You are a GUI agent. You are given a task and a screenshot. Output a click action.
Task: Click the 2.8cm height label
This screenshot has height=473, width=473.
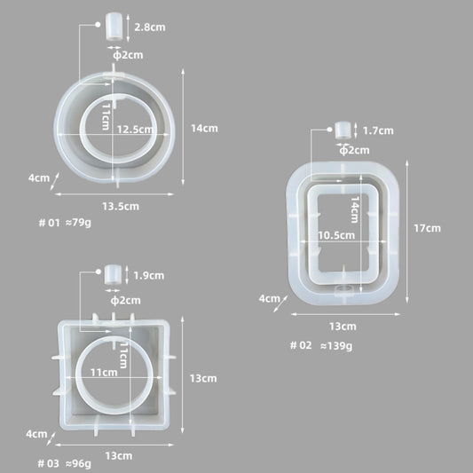pyautogui.click(x=149, y=28)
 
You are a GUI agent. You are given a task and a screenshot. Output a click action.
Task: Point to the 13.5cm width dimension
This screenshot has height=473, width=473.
pyautogui.click(x=120, y=207)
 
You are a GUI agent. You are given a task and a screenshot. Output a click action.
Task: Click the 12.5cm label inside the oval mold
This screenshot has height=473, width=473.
pyautogui.click(x=132, y=128)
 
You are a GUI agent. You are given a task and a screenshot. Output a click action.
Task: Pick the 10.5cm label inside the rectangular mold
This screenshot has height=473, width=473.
pyautogui.click(x=336, y=235)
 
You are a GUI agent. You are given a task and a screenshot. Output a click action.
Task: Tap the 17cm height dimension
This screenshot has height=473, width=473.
pyautogui.click(x=427, y=228)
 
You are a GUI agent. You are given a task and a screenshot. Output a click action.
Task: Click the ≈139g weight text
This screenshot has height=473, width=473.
pyautogui.click(x=336, y=345)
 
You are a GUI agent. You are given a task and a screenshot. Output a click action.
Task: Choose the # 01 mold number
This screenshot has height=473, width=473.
pyautogui.click(x=49, y=224)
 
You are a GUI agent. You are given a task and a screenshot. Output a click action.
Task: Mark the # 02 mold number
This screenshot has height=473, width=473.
pyautogui.click(x=301, y=345)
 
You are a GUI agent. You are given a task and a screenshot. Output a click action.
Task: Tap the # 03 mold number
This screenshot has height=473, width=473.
pyautogui.click(x=48, y=463)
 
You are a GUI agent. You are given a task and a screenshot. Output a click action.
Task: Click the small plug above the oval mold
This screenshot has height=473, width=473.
pyautogui.click(x=114, y=27)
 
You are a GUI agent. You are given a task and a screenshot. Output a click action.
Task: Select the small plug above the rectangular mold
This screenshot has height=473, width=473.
pyautogui.click(x=341, y=130)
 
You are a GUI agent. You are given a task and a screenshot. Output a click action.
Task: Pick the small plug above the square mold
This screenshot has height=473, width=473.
pyautogui.click(x=113, y=275)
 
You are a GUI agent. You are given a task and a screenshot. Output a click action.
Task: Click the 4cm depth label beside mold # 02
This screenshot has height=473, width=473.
pyautogui.click(x=269, y=299)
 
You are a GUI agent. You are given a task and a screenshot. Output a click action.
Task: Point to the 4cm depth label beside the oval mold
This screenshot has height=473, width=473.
pyautogui.click(x=38, y=177)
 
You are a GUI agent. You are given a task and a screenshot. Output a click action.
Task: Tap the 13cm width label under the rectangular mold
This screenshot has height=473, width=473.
pyautogui.click(x=343, y=325)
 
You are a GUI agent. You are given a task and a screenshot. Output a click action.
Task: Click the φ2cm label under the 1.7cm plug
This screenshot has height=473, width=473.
pyautogui.click(x=354, y=150)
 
